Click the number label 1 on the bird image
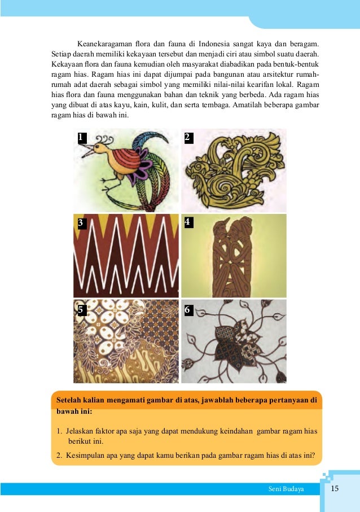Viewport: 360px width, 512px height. (x=82, y=137)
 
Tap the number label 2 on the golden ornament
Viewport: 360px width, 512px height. (x=188, y=137)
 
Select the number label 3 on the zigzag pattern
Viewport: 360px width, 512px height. (x=81, y=222)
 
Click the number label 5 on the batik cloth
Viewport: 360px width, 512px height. (x=81, y=309)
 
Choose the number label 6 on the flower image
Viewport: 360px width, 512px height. (x=188, y=309)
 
